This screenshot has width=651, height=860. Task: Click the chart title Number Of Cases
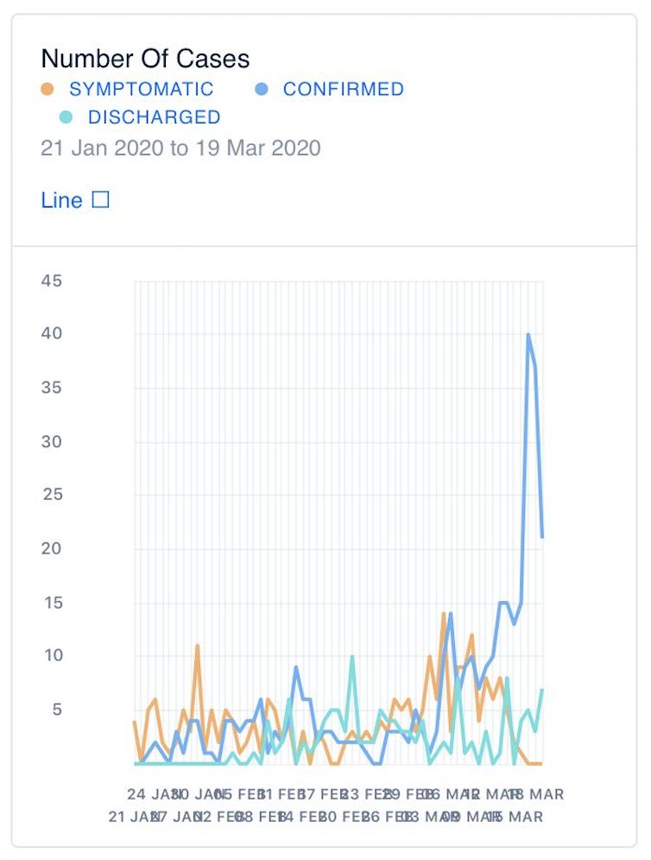[x=145, y=59]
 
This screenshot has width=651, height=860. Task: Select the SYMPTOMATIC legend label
[x=142, y=89]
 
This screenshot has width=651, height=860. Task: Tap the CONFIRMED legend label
[x=343, y=89]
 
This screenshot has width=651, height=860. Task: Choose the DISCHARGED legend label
[x=154, y=117]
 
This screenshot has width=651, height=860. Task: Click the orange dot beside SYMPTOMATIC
[x=48, y=89]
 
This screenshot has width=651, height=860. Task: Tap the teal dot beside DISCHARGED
[x=66, y=117]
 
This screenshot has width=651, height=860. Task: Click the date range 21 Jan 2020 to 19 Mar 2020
[x=180, y=148]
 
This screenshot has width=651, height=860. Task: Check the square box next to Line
[x=100, y=200]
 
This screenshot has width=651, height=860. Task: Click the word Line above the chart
[x=61, y=200]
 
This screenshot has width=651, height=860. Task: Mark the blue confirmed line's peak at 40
[x=528, y=334]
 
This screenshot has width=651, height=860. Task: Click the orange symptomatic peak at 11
[x=198, y=646]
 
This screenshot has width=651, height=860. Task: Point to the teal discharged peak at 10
[x=352, y=656]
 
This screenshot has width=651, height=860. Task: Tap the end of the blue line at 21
[x=542, y=537]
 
